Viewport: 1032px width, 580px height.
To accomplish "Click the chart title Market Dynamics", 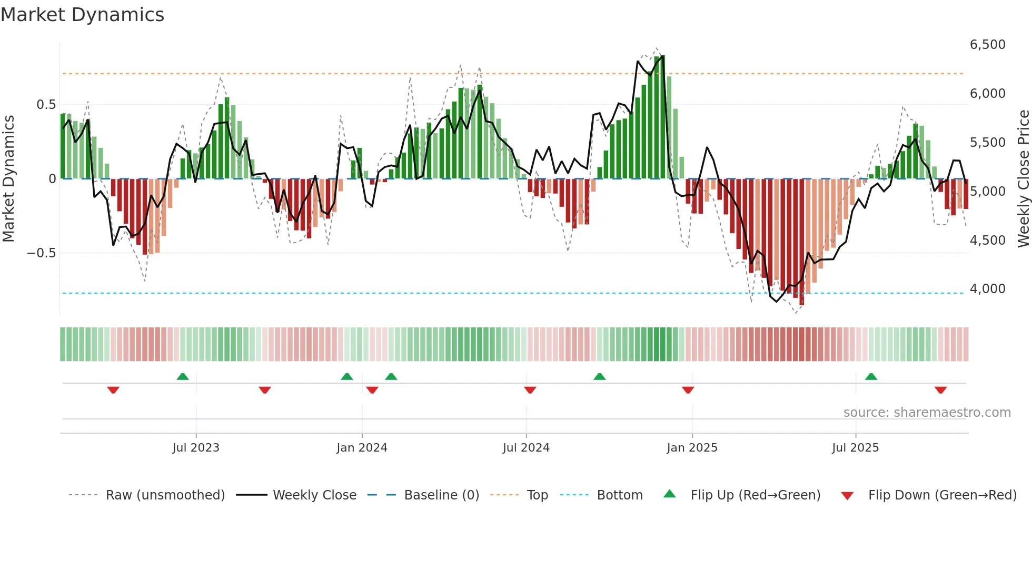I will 82,15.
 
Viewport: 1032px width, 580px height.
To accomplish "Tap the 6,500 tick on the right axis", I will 987,45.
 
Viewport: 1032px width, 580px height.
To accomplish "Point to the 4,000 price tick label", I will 987,289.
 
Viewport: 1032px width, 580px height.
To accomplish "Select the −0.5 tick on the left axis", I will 41,253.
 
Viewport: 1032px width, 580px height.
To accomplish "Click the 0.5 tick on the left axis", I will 46,105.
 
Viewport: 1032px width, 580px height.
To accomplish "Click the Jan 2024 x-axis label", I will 362,448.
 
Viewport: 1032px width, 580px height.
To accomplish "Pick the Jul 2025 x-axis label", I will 855,448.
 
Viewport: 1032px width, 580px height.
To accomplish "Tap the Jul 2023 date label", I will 195,448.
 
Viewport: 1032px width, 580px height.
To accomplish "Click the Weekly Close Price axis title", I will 1023,179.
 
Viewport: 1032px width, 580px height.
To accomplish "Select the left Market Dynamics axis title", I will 8,179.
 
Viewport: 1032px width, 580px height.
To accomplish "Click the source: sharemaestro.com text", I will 927,413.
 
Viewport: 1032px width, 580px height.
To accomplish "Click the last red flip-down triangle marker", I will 940,390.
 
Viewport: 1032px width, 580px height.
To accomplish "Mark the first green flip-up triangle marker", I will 182,376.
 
